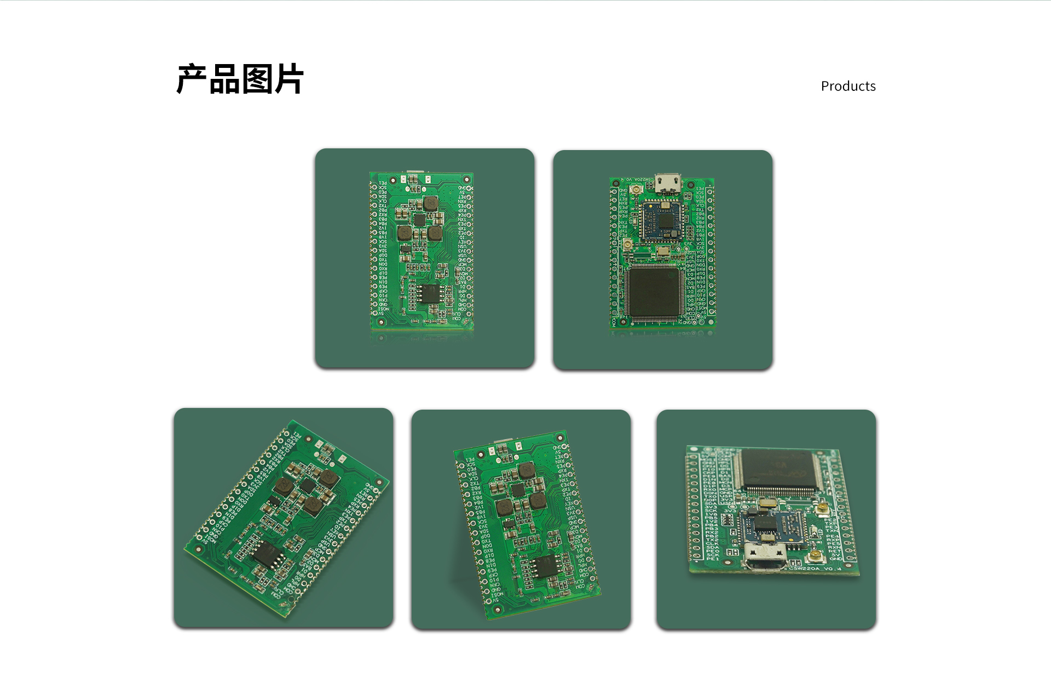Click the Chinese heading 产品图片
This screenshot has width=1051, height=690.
tap(240, 79)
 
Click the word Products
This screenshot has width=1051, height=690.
tap(848, 86)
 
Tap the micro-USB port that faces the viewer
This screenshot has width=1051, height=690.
tap(765, 557)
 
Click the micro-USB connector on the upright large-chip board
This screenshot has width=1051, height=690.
tap(668, 183)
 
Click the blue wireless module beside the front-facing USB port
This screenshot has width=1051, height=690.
tap(772, 526)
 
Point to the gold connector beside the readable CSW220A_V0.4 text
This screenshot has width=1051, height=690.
tap(817, 557)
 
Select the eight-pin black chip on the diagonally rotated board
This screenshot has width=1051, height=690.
tap(267, 555)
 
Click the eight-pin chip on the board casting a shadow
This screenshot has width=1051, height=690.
tap(545, 566)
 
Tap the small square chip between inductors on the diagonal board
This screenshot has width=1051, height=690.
tap(307, 487)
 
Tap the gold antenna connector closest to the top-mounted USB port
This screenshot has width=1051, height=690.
tap(637, 191)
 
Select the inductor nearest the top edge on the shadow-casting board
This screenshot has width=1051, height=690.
tap(526, 470)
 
